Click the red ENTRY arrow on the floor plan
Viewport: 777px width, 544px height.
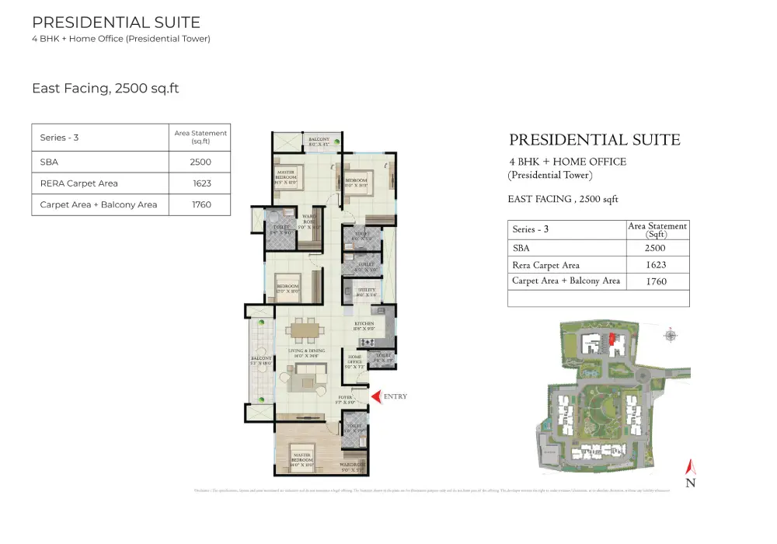tap(376, 397)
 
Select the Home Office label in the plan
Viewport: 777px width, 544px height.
tap(354, 360)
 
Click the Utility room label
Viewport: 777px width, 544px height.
tap(367, 291)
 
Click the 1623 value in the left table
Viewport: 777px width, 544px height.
tap(201, 183)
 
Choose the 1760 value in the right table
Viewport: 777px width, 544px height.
tap(657, 281)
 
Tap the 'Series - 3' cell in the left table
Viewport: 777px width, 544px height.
tap(60, 138)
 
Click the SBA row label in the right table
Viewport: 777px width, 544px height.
tap(521, 249)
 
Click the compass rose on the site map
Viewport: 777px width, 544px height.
tap(670, 336)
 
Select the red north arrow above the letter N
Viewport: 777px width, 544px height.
tap(689, 468)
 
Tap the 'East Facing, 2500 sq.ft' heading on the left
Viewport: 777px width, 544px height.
tap(106, 89)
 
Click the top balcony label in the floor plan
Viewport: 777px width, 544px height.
tap(319, 141)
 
